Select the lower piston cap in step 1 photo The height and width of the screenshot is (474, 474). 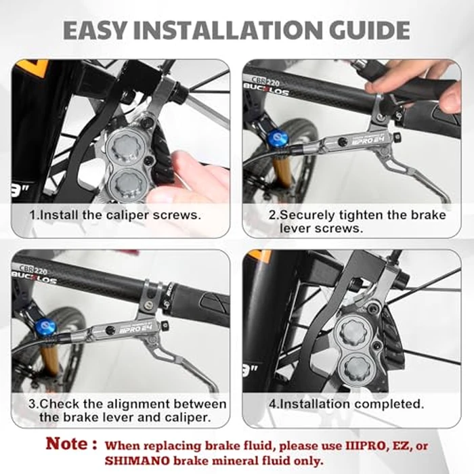pyautogui.click(x=127, y=183)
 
